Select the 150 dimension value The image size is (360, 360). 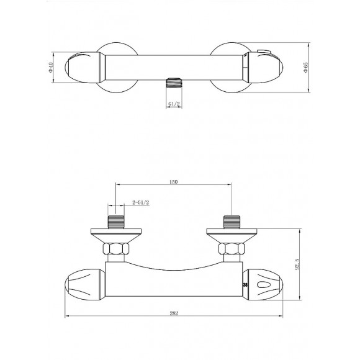(x=174, y=181)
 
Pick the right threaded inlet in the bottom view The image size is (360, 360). (x=231, y=221)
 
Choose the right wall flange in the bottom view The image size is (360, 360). (x=230, y=235)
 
